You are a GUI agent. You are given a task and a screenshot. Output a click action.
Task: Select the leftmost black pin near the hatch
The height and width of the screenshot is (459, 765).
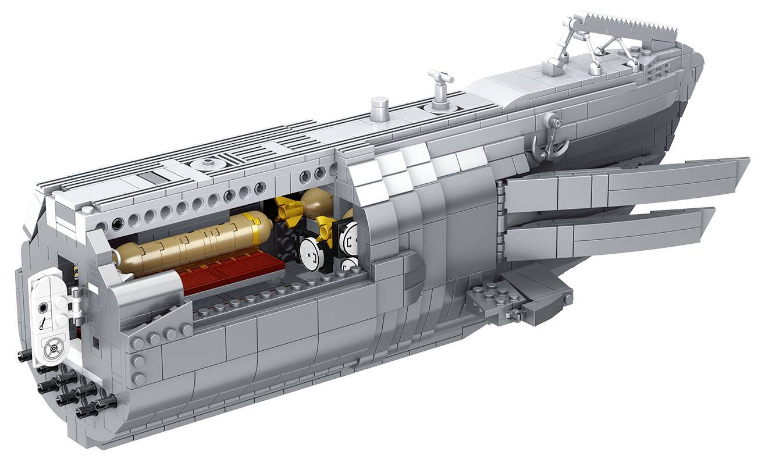tap(24, 356)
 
